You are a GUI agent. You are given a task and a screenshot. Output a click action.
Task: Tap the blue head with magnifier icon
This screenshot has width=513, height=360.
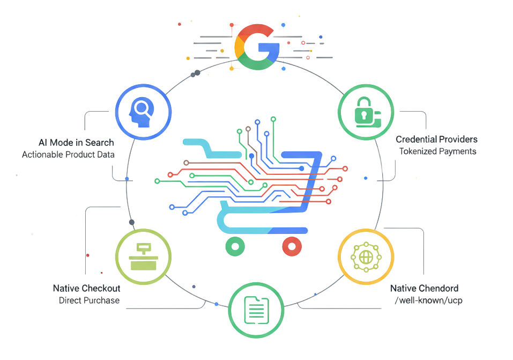143,113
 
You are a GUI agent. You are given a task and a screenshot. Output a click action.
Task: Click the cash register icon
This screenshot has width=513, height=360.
144,257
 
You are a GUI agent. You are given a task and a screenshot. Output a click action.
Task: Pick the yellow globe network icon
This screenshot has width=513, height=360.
366,258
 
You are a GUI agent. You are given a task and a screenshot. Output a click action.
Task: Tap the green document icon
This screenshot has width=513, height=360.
256,310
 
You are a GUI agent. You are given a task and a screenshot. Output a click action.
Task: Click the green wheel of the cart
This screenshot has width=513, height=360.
235,247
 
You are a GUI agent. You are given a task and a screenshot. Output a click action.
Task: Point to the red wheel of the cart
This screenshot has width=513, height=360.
292,247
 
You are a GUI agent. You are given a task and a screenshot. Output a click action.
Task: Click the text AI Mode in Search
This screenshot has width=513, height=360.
76,142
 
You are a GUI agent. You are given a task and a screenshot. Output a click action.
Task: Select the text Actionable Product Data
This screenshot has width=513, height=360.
68,155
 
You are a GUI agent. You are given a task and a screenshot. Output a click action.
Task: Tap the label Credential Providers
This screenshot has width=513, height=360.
436,139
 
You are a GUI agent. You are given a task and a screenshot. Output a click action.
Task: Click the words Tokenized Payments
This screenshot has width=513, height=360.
437,151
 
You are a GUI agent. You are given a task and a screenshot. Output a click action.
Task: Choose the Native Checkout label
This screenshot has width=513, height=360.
86,289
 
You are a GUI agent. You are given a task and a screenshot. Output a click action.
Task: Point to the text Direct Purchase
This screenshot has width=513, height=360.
89,300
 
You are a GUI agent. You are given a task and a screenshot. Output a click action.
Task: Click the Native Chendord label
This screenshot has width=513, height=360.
424,288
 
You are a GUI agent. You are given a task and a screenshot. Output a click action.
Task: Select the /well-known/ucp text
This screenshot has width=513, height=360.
428,300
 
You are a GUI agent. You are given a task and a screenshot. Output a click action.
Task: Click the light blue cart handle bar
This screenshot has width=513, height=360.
206,143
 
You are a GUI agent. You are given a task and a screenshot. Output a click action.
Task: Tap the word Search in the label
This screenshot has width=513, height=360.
100,142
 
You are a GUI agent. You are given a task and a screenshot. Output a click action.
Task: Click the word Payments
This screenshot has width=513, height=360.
457,151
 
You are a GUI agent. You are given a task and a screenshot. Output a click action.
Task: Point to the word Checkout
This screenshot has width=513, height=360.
101,289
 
